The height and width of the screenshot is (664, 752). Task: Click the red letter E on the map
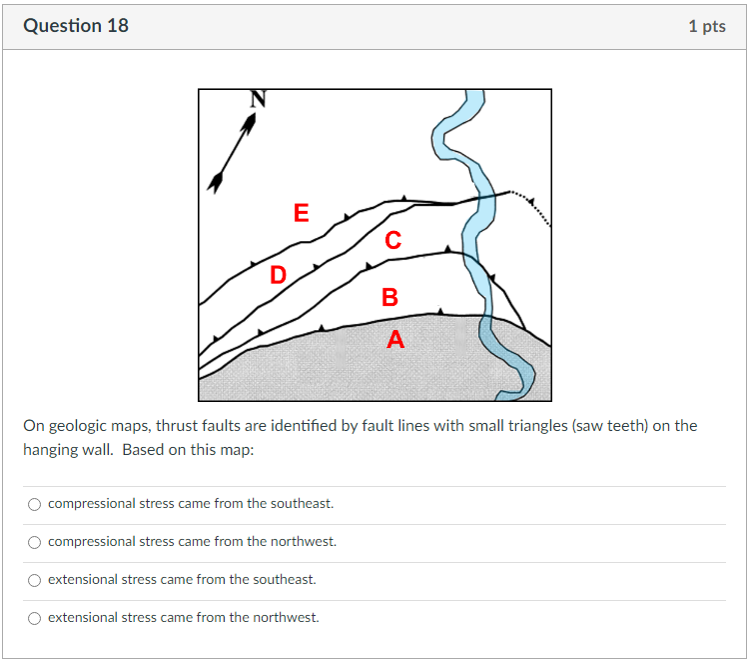[x=302, y=212]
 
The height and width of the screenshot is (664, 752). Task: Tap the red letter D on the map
[x=279, y=275]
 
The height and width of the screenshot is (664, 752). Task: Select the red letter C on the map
[x=392, y=240]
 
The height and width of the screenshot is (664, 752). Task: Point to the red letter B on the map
[x=389, y=297]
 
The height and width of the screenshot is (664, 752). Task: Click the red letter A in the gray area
[x=395, y=339]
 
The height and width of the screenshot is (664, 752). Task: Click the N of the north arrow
[x=258, y=99]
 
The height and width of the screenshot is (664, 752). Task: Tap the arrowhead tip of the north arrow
[x=255, y=113]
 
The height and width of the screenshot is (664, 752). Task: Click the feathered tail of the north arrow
[x=216, y=182]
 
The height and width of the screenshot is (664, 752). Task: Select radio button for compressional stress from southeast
[x=35, y=504]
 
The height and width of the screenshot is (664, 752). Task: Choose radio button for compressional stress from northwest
[x=35, y=542]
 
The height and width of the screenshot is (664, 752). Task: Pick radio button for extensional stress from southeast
[x=35, y=580]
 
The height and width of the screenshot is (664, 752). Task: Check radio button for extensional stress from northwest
[x=35, y=618]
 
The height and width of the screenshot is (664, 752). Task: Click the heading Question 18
[x=76, y=25]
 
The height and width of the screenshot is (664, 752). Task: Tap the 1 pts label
[x=707, y=26]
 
